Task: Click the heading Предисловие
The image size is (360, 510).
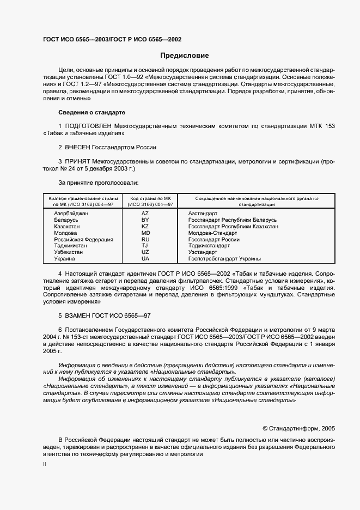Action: coord(184,56)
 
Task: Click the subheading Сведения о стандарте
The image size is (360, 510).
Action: coord(91,112)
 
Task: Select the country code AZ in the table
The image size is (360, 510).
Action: coord(145,213)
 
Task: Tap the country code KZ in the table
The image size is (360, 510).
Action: coord(145,226)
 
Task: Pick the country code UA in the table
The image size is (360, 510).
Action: coord(145,259)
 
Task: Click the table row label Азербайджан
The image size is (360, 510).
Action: coord(71,213)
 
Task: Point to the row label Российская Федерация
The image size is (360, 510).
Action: coord(83,239)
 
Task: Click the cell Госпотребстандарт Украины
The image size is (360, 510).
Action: coord(224,259)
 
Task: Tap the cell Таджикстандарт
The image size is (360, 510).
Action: coord(209,246)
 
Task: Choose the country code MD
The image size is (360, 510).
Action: coord(145,233)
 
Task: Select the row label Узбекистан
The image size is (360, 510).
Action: coord(69,252)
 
